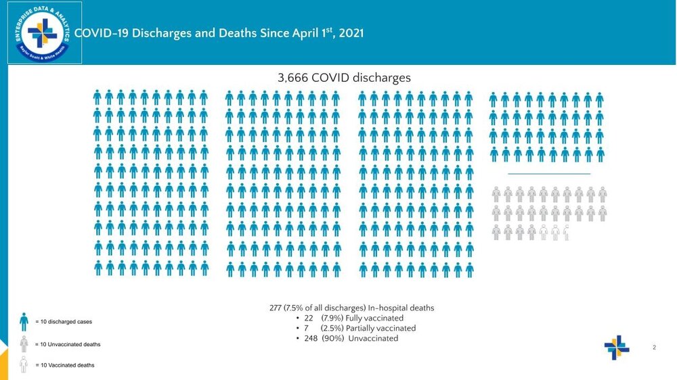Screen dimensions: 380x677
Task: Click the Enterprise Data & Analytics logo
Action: click(45, 32)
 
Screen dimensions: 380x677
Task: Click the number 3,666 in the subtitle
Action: click(293, 78)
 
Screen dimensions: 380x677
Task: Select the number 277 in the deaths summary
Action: click(276, 308)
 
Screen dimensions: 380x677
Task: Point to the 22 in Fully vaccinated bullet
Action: click(309, 318)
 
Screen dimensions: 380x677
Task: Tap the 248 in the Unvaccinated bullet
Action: click(311, 338)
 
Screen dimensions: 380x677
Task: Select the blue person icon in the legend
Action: click(24, 322)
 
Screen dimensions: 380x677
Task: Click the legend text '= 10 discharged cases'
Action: click(64, 322)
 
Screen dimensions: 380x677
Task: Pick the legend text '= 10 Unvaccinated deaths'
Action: click(68, 345)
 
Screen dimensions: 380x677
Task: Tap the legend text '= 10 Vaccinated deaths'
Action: click(65, 365)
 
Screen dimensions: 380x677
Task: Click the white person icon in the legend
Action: click(24, 365)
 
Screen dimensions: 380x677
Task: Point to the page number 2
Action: click(655, 348)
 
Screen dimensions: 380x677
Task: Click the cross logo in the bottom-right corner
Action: click(617, 348)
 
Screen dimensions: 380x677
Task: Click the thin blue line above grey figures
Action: click(548, 174)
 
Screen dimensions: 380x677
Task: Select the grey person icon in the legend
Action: click(24, 344)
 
